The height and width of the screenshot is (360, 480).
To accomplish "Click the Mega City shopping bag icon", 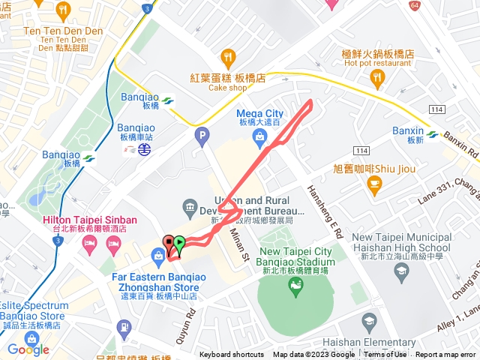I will pos(259,136).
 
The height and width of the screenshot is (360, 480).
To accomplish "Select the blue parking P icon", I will pos(201,136).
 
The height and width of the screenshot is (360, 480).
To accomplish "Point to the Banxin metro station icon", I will pos(433,136).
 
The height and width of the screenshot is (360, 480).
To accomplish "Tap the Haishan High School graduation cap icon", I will pos(369,322).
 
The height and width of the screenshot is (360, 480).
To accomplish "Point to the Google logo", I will pos(28,349).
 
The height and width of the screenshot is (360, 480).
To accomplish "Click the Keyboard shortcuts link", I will pos(232,355).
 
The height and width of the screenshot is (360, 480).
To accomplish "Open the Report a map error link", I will pos(445,355).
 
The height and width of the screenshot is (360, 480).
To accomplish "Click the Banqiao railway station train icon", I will pos(143,149).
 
